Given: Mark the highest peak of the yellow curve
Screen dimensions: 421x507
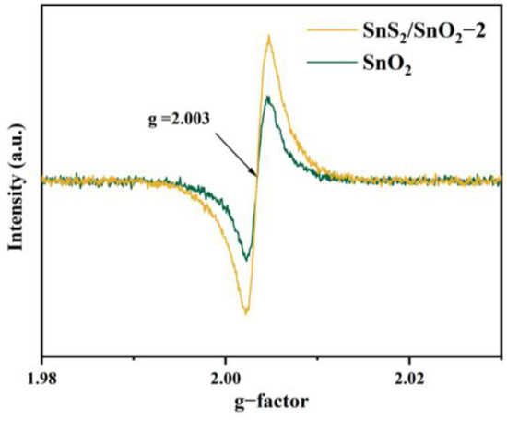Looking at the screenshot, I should [x=267, y=37].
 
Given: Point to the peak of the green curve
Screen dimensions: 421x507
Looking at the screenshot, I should [x=265, y=97].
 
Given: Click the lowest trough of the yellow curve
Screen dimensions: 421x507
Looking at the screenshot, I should [x=245, y=313].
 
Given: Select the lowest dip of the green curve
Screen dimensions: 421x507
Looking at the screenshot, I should [x=245, y=259].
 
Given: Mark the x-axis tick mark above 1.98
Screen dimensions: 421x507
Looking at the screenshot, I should [x=42, y=353].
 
